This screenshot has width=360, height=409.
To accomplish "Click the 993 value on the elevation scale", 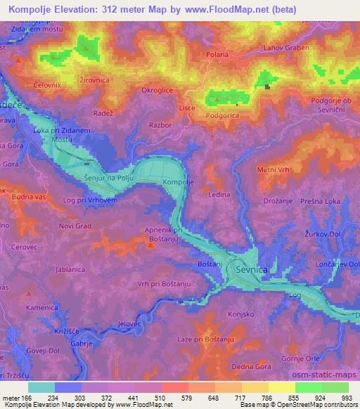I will (x=347, y=398).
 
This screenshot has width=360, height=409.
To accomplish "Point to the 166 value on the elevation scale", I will (x=25, y=398).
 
